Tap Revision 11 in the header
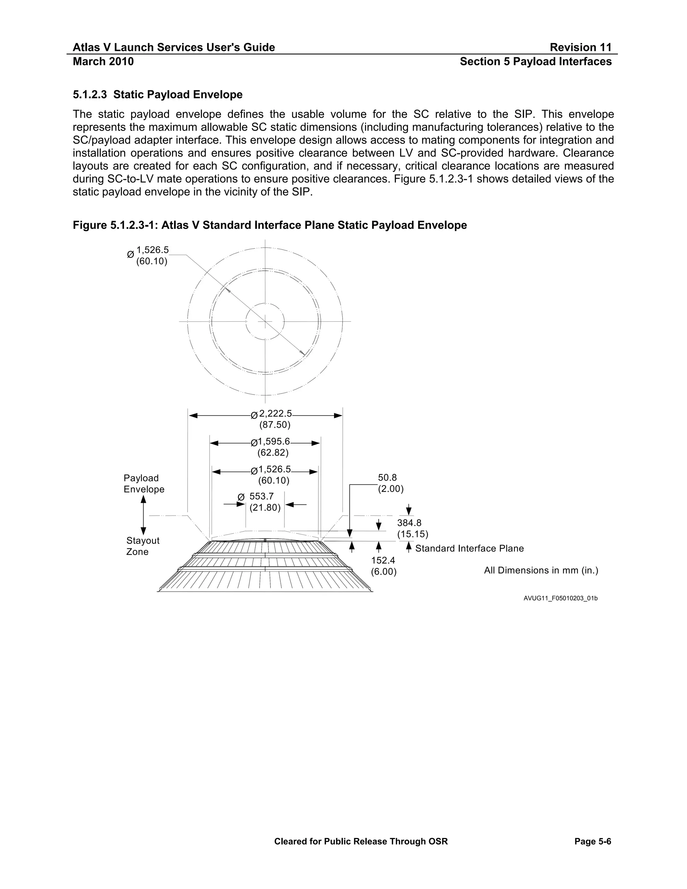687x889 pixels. click(580, 47)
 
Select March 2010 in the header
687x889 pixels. click(103, 61)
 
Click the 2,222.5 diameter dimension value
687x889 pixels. click(275, 414)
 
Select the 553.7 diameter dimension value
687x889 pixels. click(261, 496)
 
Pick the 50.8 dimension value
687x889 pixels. click(387, 478)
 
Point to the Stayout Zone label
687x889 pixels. click(143, 546)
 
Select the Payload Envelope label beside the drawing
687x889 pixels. click(144, 483)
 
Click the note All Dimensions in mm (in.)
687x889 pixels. click(541, 570)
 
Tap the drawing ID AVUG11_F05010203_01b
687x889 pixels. click(561, 598)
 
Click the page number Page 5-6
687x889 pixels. click(593, 841)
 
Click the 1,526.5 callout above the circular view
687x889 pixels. click(152, 250)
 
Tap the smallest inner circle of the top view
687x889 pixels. click(265, 303)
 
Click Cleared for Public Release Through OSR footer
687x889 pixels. click(361, 841)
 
